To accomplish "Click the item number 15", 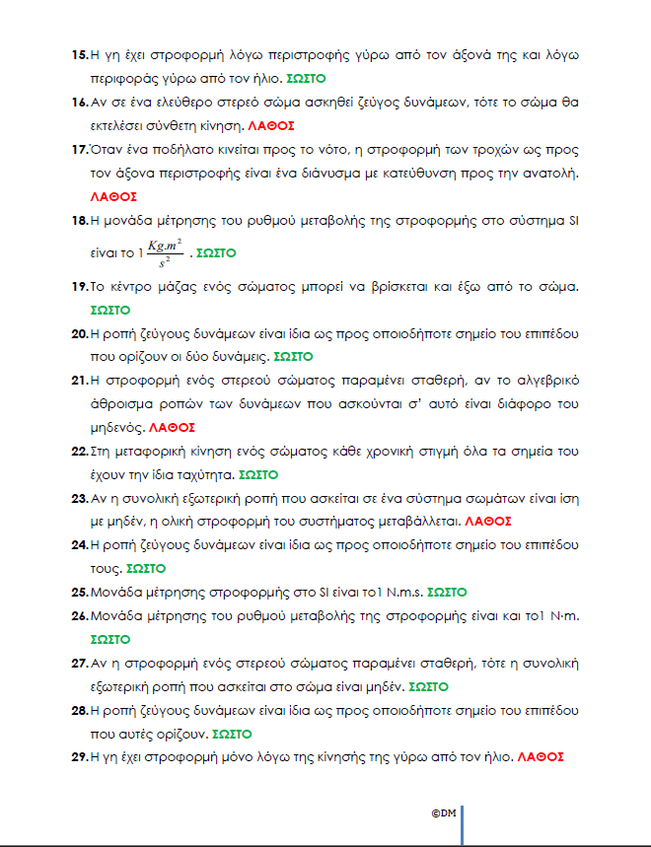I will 80,53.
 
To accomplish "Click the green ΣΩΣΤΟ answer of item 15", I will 306,77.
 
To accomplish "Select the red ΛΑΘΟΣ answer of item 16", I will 271,126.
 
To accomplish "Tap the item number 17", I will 80,150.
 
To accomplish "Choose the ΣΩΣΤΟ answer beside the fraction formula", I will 216,253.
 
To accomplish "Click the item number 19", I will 80,286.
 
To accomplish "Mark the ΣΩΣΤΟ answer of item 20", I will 293,356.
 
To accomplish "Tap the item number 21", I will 80,380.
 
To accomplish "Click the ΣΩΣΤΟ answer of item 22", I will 258,474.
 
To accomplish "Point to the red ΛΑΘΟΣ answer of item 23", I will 487,521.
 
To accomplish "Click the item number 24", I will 80,544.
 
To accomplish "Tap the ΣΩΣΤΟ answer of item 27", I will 428,687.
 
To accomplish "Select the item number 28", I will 80,711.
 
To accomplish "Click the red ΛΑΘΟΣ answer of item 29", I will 540,758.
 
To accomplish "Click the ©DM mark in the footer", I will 443,813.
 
